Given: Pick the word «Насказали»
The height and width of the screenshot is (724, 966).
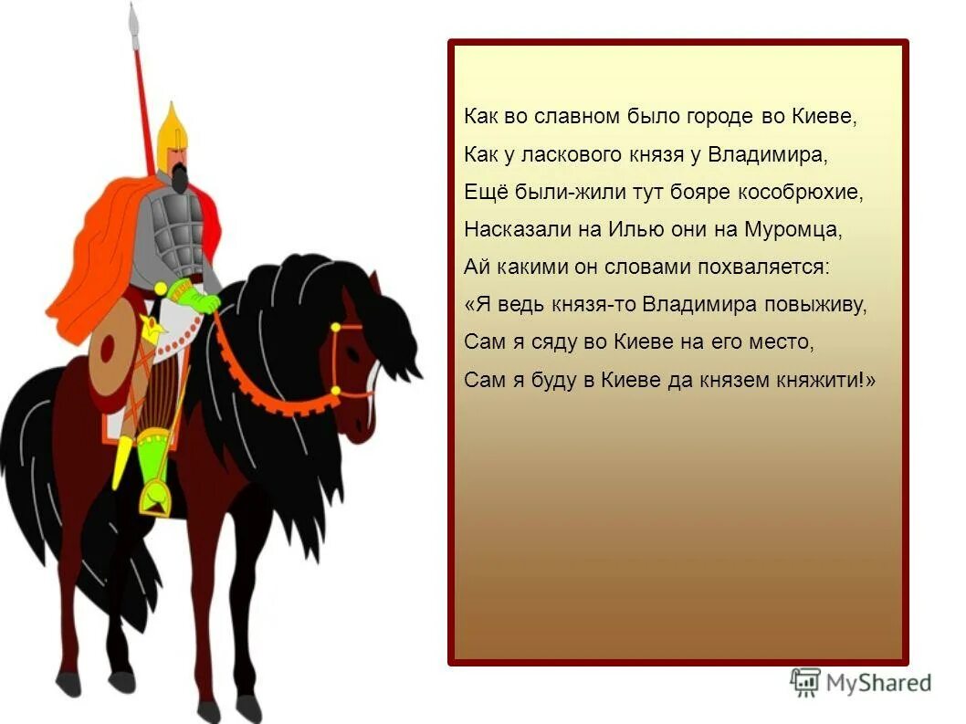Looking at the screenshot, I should tap(506, 229).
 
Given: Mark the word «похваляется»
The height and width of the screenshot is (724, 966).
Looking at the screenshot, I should tap(772, 268).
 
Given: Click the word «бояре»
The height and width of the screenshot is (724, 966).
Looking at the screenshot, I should tap(682, 193).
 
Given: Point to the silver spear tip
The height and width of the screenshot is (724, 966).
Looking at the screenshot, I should tap(134, 20).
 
